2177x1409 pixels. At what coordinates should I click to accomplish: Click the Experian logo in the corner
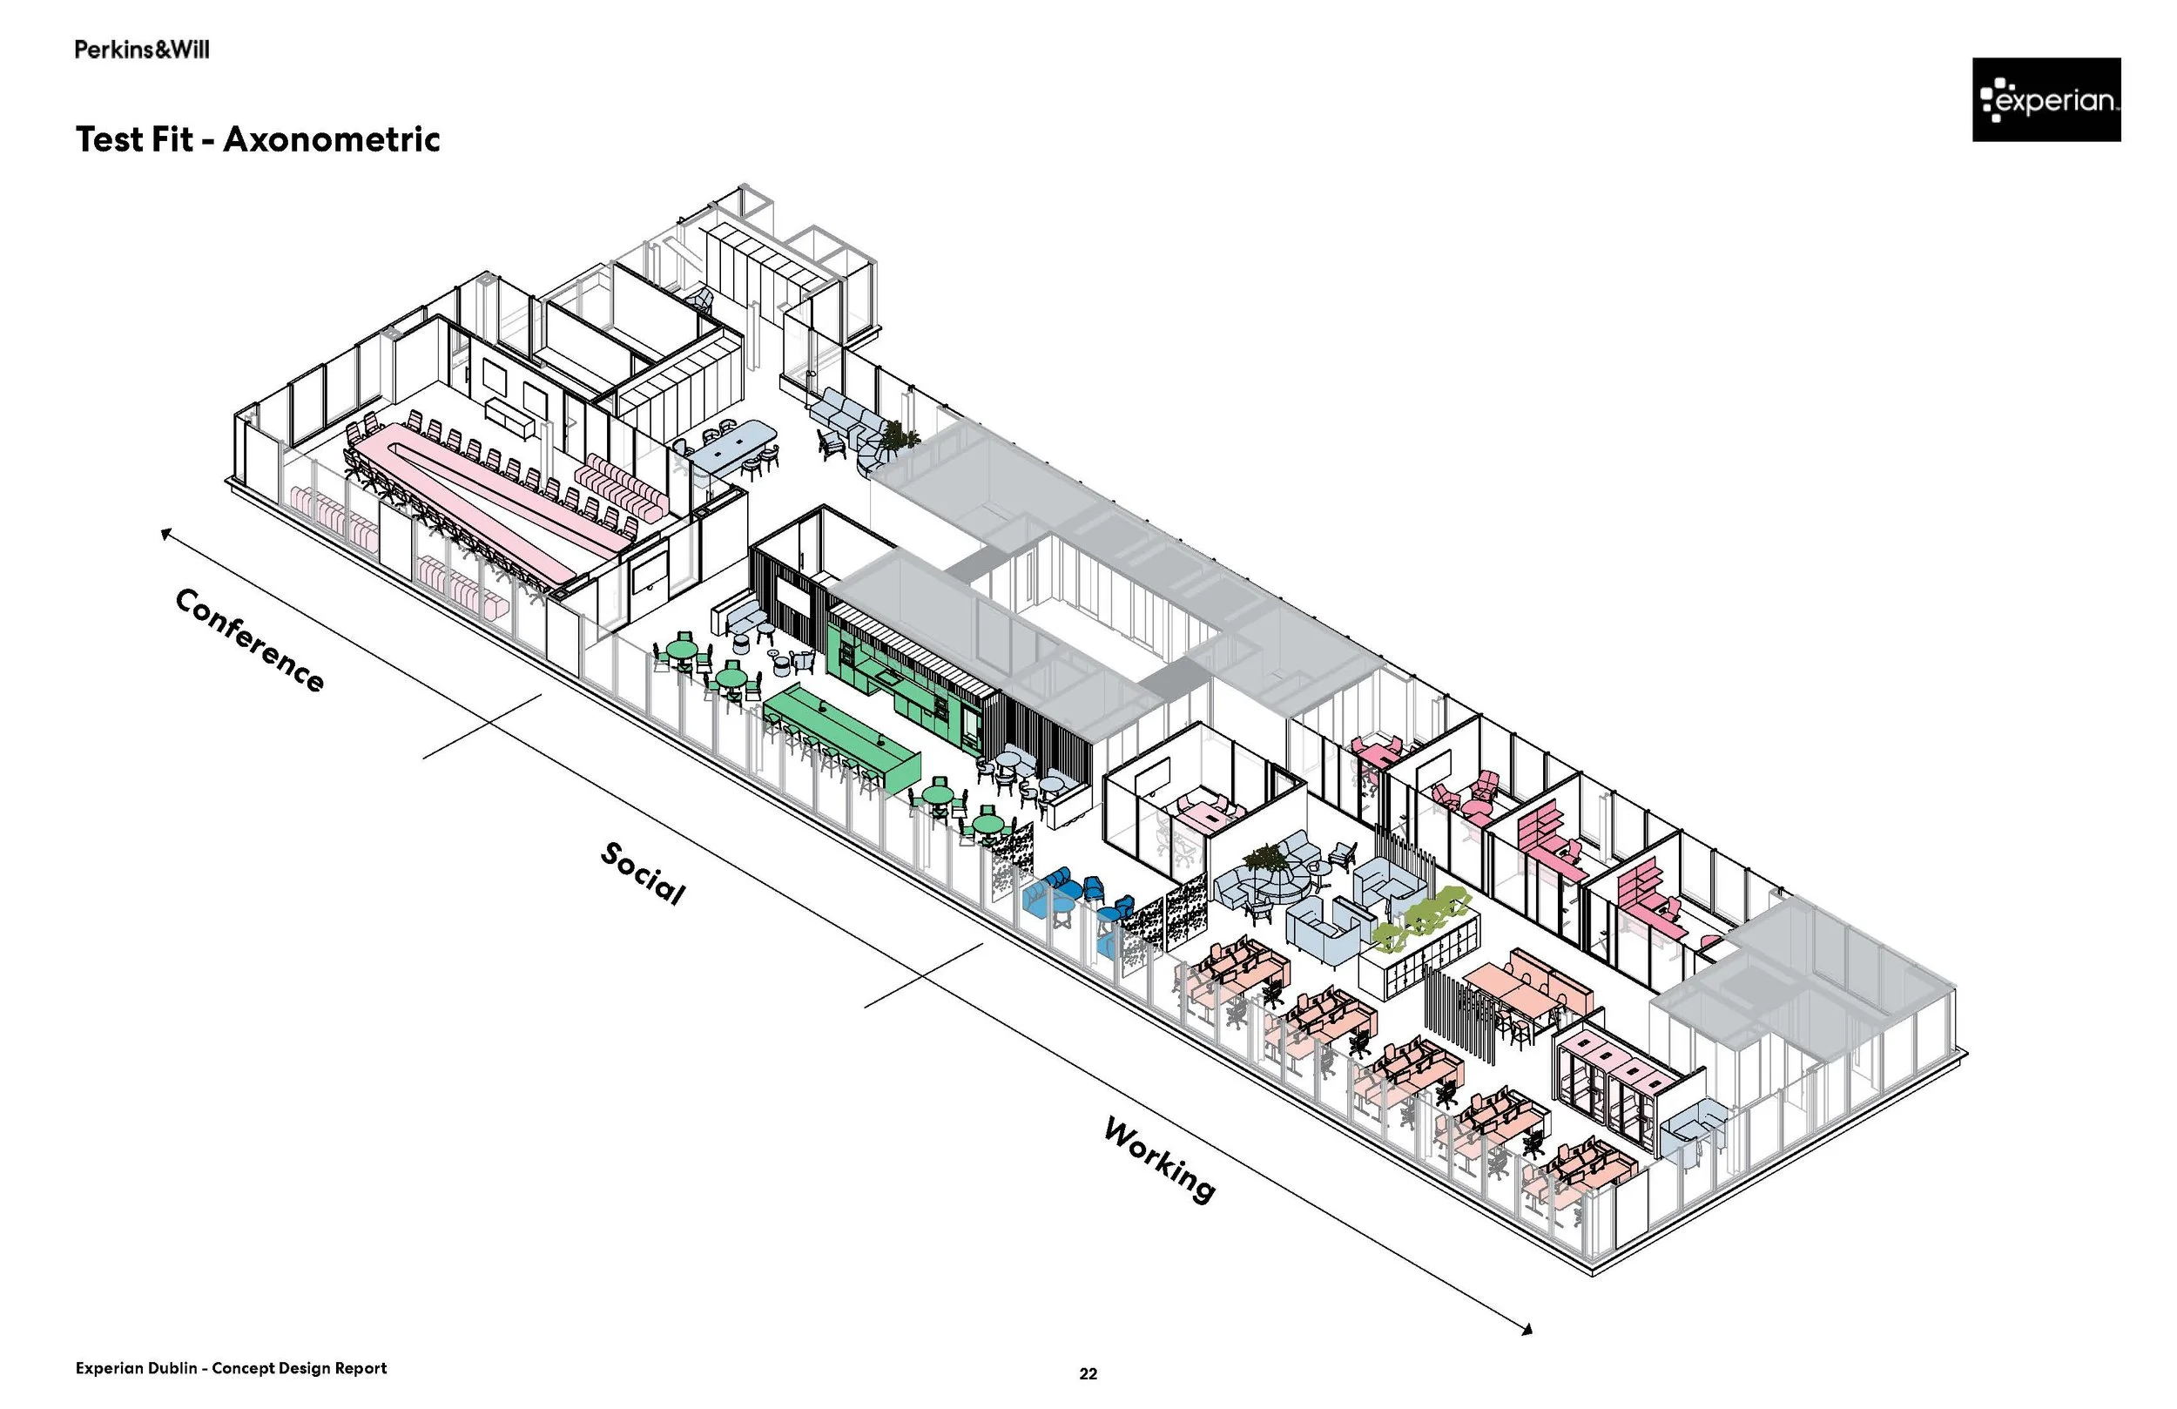click(2046, 100)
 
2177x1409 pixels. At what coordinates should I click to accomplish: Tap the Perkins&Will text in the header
click(142, 50)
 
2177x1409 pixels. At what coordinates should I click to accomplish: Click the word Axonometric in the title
click(331, 139)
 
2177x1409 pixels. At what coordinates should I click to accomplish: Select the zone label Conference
click(249, 639)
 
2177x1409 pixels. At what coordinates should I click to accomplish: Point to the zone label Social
click(642, 873)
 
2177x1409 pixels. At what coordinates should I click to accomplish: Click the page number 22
click(1088, 1373)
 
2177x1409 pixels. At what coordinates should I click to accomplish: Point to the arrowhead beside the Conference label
click(165, 534)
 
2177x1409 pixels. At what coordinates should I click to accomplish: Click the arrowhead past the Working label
click(1527, 1330)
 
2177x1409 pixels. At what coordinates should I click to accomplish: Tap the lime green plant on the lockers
click(1418, 918)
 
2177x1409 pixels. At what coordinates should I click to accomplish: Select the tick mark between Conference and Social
click(482, 726)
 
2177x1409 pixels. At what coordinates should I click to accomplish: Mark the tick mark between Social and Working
click(924, 975)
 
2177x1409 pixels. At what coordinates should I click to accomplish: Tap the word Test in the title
click(111, 139)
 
